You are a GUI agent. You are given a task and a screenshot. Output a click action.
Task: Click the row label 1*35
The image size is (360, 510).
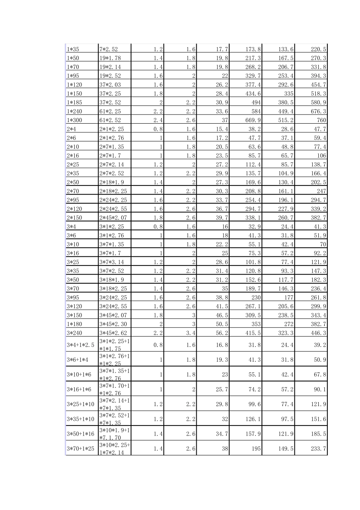point(73,49)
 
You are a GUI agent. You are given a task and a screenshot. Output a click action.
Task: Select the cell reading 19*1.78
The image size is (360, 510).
point(110,58)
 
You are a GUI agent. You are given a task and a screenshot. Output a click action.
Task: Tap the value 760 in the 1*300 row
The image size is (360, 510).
point(321,120)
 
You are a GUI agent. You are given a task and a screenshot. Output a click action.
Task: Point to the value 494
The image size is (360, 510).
point(256,102)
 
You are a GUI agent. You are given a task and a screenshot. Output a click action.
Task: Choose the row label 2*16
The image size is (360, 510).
point(73,155)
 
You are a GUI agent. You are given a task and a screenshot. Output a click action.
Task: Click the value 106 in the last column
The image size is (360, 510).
point(321,155)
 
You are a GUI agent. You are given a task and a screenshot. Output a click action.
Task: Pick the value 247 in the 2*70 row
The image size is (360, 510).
point(321,191)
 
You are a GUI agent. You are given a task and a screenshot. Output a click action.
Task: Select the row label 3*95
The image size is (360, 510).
point(73,297)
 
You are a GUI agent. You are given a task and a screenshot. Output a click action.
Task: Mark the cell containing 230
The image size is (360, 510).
point(256,297)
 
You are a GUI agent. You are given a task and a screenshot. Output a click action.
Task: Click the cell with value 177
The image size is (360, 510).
point(289,297)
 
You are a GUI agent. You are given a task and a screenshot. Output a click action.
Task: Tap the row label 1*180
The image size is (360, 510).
point(74,324)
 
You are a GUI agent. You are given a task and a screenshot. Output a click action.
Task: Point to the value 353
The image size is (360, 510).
point(256,324)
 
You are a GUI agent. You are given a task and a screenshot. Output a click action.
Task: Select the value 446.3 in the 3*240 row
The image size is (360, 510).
point(319,333)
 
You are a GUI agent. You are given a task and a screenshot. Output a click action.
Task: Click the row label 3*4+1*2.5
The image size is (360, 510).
point(80,345)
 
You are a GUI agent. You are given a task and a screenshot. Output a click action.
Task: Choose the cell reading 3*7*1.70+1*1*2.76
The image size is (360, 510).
point(114,389)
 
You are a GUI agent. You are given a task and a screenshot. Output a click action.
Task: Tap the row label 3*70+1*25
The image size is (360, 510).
point(80,449)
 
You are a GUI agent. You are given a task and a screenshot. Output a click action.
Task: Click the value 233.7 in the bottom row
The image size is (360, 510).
point(319,449)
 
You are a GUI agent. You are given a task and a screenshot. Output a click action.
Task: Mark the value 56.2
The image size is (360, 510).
point(222,333)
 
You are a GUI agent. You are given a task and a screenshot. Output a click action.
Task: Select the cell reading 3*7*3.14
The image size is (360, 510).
point(112,262)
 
